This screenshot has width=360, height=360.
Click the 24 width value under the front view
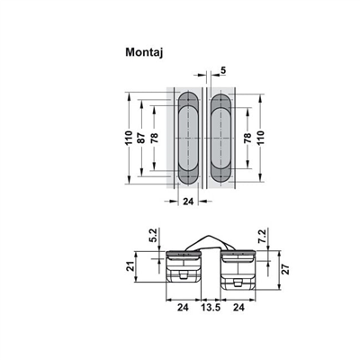pos(188,203)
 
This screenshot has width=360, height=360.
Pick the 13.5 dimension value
pos(211,306)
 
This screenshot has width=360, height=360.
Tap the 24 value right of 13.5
pos(240,306)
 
